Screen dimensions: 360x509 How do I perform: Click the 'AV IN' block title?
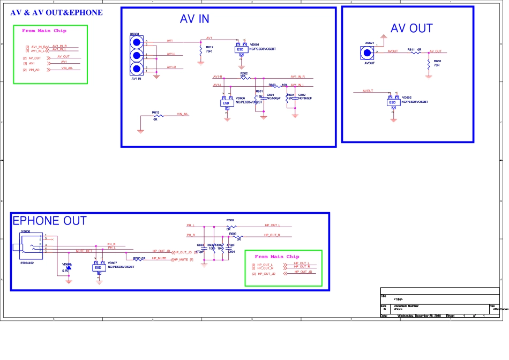[194, 19]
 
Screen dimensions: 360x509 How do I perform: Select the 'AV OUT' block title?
[411, 28]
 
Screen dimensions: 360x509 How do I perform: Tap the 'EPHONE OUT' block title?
[49, 221]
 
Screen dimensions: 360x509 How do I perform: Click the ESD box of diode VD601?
[241, 49]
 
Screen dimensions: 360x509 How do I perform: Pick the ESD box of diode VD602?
[392, 102]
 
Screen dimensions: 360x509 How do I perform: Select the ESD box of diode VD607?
[98, 267]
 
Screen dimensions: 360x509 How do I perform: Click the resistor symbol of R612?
[201, 49]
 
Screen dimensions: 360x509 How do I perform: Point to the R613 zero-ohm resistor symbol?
[156, 115]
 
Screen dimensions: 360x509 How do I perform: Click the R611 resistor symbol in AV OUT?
[412, 52]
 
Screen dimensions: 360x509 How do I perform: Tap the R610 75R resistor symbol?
[429, 64]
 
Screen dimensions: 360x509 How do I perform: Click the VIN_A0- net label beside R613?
[182, 114]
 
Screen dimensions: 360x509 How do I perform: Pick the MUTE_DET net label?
[84, 251]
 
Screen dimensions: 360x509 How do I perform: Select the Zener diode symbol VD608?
[69, 266]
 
